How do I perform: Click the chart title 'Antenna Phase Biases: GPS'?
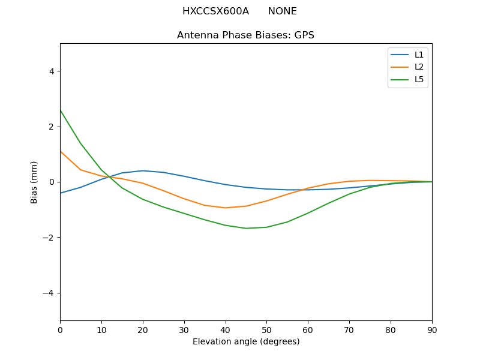245,35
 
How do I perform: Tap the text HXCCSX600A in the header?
215,11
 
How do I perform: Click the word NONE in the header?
282,11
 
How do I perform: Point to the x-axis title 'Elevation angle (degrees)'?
245,342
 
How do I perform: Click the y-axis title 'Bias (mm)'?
34,182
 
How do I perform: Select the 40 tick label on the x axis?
225,329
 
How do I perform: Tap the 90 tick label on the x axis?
431,329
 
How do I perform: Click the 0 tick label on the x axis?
60,329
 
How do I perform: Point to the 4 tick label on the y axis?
51,71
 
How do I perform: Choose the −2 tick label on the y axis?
48,238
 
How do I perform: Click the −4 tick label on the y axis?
48,293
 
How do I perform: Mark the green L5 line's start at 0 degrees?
60,110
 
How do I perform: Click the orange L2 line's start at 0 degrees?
60,151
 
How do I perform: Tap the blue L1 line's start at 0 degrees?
60,193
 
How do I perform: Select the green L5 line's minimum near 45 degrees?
246,228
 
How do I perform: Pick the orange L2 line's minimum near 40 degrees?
225,208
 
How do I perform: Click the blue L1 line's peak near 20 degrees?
143,170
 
